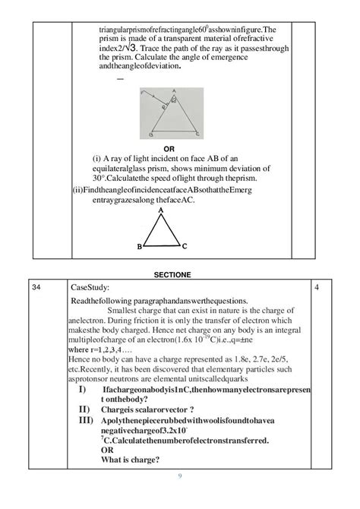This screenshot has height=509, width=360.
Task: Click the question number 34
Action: [x=36, y=288]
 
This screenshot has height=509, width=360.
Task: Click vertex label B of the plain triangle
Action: [x=139, y=247]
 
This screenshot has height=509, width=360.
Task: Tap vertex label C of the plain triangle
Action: [x=185, y=247]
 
